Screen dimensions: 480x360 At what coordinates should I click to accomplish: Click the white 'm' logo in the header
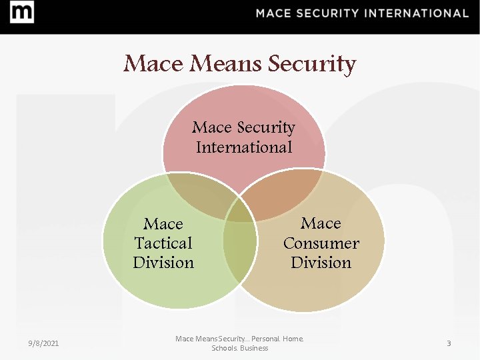[x=23, y=13]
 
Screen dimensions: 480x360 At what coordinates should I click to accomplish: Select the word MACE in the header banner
[x=275, y=13]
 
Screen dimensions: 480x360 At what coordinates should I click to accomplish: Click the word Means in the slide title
[x=227, y=64]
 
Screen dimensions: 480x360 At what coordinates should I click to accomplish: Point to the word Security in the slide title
[x=311, y=64]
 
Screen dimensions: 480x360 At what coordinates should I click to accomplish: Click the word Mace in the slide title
[x=154, y=64]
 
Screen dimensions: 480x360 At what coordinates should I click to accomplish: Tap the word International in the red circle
[x=244, y=147]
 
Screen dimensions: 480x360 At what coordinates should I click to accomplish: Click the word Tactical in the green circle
[x=163, y=243]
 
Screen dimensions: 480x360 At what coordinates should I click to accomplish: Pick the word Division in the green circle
[x=163, y=263]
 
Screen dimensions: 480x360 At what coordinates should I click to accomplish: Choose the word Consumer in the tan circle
[x=321, y=243]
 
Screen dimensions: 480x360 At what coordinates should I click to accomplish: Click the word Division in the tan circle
[x=321, y=263]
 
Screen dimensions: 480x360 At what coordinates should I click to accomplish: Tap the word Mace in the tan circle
[x=321, y=223]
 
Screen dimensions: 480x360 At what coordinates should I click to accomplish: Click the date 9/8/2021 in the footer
[x=43, y=343]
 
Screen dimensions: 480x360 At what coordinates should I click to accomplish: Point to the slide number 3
[x=449, y=343]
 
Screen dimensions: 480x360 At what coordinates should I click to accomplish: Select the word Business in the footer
[x=254, y=348]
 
